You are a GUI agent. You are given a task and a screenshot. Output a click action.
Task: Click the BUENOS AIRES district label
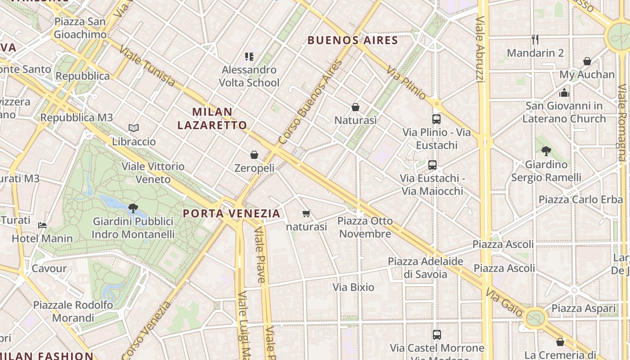[x=353, y=40]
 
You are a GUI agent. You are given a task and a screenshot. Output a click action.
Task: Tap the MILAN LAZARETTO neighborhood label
[x=212, y=118]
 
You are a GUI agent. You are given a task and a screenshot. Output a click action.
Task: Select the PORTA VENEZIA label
[x=232, y=213]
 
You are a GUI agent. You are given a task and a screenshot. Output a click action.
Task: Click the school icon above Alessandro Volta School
[x=249, y=57]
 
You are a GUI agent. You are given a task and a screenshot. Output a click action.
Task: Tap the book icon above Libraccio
[x=133, y=128]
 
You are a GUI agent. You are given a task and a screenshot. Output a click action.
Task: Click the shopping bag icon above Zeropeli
[x=254, y=155]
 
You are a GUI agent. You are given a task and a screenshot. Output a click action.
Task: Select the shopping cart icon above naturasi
[x=306, y=213]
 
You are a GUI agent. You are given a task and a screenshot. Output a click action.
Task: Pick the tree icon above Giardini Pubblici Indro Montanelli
[x=133, y=208]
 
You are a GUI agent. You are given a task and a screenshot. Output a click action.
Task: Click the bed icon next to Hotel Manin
[x=42, y=225]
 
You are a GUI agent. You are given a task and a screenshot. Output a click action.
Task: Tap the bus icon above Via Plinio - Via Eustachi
[x=436, y=119]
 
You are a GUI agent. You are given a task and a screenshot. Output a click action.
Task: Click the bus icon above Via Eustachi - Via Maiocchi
[x=432, y=165]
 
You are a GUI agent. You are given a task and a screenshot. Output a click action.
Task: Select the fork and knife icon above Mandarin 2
[x=535, y=40]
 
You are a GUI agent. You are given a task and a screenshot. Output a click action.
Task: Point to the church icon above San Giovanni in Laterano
[x=564, y=93]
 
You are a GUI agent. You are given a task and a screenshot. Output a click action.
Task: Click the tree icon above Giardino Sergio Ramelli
[x=546, y=151]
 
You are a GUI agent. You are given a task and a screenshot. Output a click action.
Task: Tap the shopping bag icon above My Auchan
[x=587, y=61]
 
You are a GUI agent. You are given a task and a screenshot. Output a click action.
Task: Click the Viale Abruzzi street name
[x=480, y=49]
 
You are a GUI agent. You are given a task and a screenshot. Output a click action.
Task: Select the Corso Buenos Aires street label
[x=310, y=103]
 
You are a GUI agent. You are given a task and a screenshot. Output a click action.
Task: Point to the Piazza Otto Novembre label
[x=365, y=227]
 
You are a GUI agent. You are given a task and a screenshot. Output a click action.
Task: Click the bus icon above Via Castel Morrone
[x=436, y=335]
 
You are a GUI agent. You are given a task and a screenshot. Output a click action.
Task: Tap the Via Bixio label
[x=353, y=287]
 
